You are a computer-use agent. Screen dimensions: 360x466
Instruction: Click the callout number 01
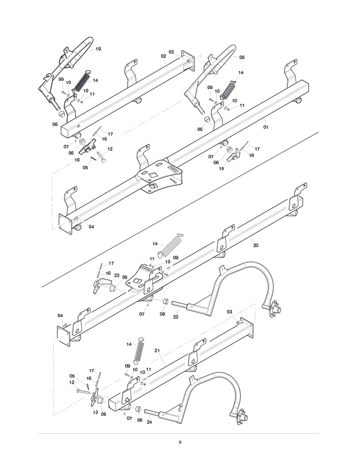(x=266, y=127)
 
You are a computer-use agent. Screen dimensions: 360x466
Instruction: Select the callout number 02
(x=163, y=56)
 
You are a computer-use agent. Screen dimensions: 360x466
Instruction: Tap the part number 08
(x=242, y=57)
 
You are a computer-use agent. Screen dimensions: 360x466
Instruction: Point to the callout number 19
(x=98, y=49)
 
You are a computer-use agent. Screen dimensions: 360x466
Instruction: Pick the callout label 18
(x=77, y=160)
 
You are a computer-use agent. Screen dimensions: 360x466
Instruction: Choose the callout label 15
(x=222, y=169)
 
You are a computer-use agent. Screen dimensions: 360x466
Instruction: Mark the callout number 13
(x=96, y=412)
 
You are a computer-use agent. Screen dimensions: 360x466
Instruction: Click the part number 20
(x=256, y=245)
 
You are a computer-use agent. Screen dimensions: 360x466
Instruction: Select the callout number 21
(x=157, y=351)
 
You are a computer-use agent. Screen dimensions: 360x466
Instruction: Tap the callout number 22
(x=176, y=317)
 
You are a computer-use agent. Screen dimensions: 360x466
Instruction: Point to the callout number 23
(x=117, y=275)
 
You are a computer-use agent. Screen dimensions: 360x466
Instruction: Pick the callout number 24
(x=149, y=422)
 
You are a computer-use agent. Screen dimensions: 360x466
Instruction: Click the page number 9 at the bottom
(x=180, y=442)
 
